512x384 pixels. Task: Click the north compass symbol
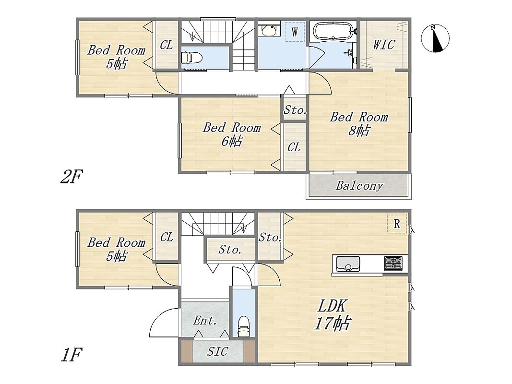[435, 38]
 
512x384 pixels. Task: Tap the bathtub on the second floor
[333, 31]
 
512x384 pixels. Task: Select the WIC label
[384, 45]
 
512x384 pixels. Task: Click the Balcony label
[359, 186]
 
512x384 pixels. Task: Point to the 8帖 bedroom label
[359, 124]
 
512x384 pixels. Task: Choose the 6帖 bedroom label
[232, 134]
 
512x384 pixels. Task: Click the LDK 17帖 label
[332, 314]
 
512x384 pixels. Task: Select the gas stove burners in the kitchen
[393, 264]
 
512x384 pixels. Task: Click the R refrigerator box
[397, 224]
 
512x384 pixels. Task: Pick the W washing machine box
[295, 32]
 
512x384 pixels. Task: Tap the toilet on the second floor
[191, 58]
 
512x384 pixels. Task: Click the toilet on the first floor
[243, 326]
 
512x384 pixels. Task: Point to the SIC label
[217, 351]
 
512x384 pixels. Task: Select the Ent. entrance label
[205, 321]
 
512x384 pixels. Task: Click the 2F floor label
[71, 177]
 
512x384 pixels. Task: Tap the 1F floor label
[71, 355]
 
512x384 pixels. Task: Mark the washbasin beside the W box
[269, 29]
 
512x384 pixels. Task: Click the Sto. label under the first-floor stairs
[230, 250]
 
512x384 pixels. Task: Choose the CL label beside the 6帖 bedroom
[294, 147]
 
